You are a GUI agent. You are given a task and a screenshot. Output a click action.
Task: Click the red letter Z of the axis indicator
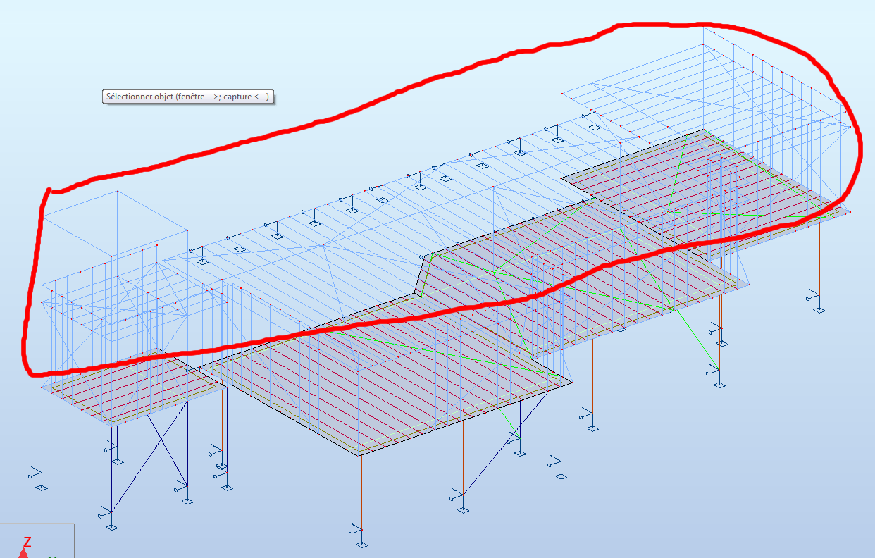point(27,542)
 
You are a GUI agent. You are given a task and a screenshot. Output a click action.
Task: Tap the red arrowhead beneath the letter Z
point(24,553)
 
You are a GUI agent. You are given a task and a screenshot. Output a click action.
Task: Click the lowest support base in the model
point(362,544)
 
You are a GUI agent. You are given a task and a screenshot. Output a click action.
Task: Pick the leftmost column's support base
point(42,487)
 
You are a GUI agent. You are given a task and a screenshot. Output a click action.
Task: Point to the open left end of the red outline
point(49,190)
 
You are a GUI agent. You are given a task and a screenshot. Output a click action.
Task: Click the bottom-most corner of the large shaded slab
point(359,455)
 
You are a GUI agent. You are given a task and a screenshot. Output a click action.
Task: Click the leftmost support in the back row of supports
point(203,261)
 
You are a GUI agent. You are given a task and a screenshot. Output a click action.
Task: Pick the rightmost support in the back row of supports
point(594,128)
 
